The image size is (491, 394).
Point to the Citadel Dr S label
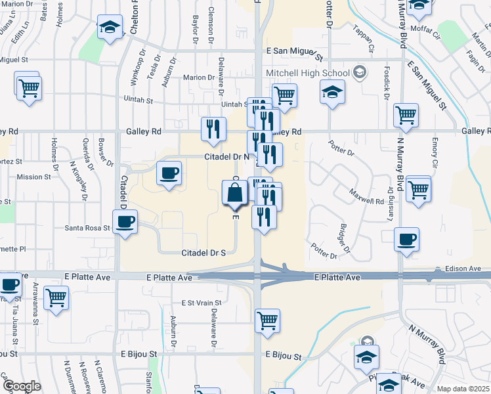pos(203,252)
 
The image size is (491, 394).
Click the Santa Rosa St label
pos(86,228)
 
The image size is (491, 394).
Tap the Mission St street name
pos(33,177)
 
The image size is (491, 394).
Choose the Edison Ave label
pos(465,269)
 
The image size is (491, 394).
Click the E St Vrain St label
pos(202,303)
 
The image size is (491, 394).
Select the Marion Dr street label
pos(199,77)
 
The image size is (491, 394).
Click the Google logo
pos(22,386)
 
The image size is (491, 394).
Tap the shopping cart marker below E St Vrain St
pos(267,320)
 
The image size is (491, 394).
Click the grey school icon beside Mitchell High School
pos(359,72)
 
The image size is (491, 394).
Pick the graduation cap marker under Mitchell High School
pos(333,93)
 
